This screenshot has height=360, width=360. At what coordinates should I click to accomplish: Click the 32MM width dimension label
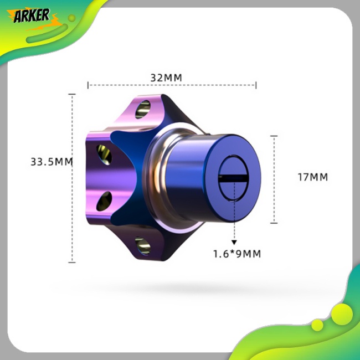[166, 77]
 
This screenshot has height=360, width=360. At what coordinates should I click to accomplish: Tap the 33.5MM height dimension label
[52, 162]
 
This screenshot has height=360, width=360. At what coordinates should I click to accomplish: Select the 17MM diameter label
[312, 177]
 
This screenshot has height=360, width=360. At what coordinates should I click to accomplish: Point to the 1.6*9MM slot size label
[236, 254]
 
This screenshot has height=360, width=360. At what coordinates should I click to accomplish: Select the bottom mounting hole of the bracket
[142, 244]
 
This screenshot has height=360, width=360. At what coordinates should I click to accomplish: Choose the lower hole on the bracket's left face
[104, 200]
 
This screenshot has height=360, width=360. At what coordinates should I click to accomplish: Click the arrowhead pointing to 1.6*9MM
[234, 242]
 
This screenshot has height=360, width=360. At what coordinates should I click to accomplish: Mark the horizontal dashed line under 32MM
[172, 85]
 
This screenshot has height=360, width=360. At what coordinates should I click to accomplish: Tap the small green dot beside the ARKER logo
[71, 18]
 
